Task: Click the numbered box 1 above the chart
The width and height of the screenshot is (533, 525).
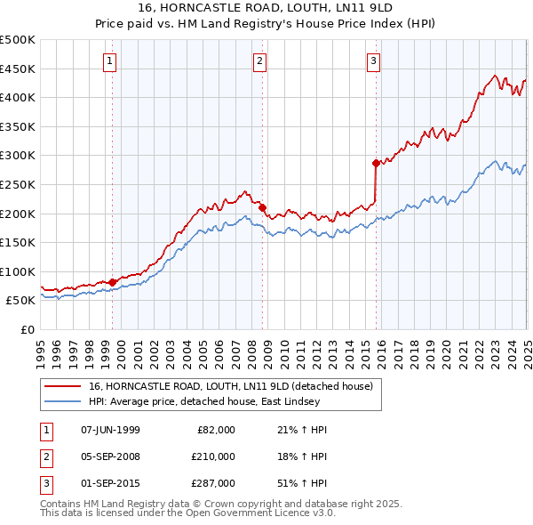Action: click(109, 61)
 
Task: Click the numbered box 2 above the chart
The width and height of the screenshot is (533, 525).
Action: click(259, 61)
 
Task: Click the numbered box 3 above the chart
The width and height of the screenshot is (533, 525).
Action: click(373, 61)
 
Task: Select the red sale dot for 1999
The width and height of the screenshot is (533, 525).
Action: click(113, 282)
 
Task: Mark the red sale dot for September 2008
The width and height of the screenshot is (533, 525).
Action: click(263, 208)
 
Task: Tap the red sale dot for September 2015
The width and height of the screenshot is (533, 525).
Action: click(376, 163)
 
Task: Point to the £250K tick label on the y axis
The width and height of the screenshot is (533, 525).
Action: click(18, 184)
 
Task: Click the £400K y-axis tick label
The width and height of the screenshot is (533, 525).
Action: click(18, 97)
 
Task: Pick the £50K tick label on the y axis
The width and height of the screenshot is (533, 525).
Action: click(20, 301)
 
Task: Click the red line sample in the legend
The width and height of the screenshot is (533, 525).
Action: click(64, 386)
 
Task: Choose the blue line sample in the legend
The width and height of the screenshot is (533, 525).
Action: click(64, 401)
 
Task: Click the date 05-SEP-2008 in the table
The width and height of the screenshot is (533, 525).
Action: click(110, 456)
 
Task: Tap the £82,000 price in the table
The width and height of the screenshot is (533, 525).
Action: click(216, 430)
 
